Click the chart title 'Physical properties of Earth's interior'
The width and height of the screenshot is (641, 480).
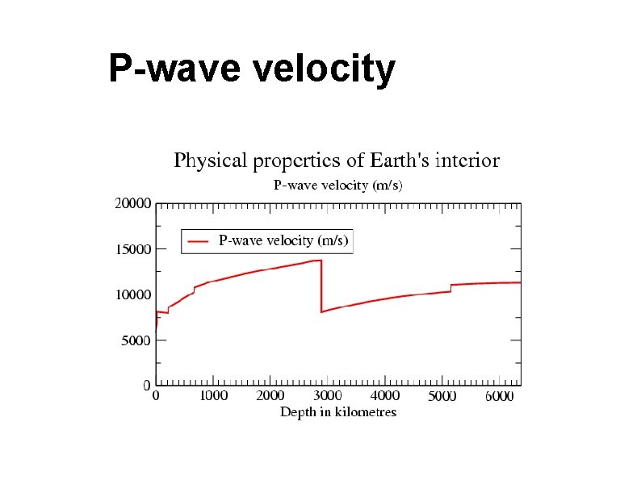[x=337, y=161]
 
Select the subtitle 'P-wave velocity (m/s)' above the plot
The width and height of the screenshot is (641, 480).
[x=337, y=186]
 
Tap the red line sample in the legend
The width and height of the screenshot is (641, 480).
[x=199, y=241]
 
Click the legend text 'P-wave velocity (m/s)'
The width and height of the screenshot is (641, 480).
[x=284, y=240]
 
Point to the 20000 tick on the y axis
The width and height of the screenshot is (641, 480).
[x=132, y=204]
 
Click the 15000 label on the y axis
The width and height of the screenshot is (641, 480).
[x=132, y=250]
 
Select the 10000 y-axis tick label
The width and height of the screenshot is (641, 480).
[x=132, y=295]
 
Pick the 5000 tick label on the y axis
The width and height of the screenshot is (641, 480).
[x=136, y=341]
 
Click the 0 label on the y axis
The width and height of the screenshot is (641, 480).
[x=147, y=386]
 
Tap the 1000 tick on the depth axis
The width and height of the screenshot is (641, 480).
[x=214, y=396]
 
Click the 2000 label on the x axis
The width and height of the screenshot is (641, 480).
[x=270, y=396]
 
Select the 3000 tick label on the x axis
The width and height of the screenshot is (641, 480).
[x=328, y=396]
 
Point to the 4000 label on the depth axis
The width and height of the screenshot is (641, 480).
[x=385, y=396]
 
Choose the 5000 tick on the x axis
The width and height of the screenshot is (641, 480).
[x=442, y=396]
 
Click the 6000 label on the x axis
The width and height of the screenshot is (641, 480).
[x=500, y=396]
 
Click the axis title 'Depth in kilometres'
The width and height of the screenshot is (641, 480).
[x=338, y=412]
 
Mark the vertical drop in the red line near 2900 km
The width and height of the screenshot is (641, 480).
[x=321, y=286]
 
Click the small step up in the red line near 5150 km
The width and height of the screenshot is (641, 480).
[x=450, y=288]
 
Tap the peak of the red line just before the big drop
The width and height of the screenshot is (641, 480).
[x=320, y=261]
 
